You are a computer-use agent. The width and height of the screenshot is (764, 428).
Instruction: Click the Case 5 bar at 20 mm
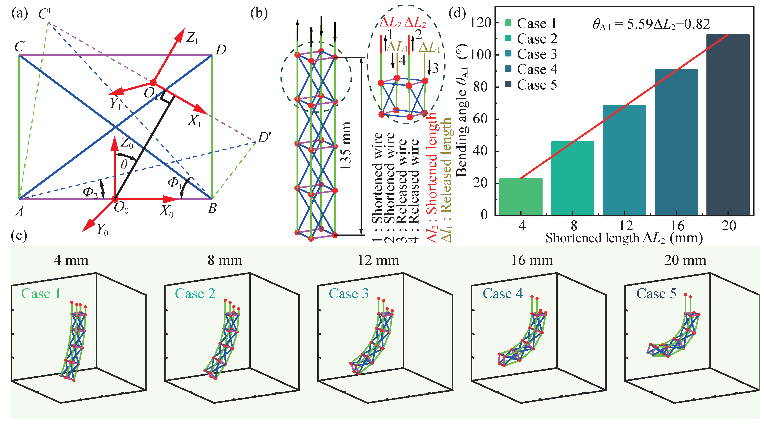pyautogui.click(x=728, y=125)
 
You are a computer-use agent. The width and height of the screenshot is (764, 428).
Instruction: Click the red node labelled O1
pyautogui.click(x=153, y=83)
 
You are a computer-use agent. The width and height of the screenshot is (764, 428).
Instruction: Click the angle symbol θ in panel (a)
pyautogui.click(x=124, y=164)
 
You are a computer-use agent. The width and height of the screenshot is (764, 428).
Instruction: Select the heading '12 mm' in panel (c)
pyautogui.click(x=378, y=260)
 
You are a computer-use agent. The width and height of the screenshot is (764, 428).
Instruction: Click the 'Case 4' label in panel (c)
pyautogui.click(x=503, y=294)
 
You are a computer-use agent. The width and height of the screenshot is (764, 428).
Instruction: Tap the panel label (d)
pyautogui.click(x=457, y=13)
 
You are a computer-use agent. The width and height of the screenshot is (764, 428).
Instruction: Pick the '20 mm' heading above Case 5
pyautogui.click(x=685, y=260)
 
